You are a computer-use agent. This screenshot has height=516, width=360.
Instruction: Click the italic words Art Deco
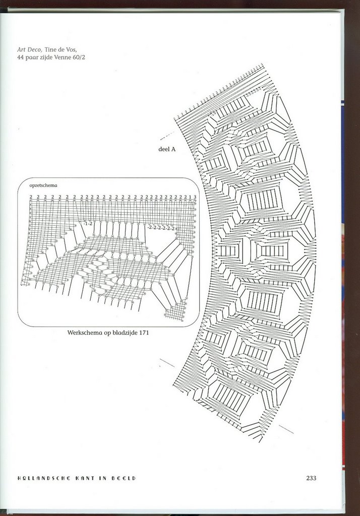29,49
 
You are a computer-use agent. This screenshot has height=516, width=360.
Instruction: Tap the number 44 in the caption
21,57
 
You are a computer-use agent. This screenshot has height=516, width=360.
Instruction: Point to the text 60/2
78,57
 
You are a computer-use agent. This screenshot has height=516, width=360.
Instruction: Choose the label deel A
166,149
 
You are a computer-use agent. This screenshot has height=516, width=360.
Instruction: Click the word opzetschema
43,185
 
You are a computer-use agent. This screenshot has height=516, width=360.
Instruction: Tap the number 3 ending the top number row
195,197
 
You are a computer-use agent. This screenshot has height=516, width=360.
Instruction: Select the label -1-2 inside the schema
88,223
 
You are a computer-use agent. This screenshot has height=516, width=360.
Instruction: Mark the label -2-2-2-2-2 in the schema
161,228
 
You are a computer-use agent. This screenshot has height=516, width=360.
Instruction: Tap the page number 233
311,478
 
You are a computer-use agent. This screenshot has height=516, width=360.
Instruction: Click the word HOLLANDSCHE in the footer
42,478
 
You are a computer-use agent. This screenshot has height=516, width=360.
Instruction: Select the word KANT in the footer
84,478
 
